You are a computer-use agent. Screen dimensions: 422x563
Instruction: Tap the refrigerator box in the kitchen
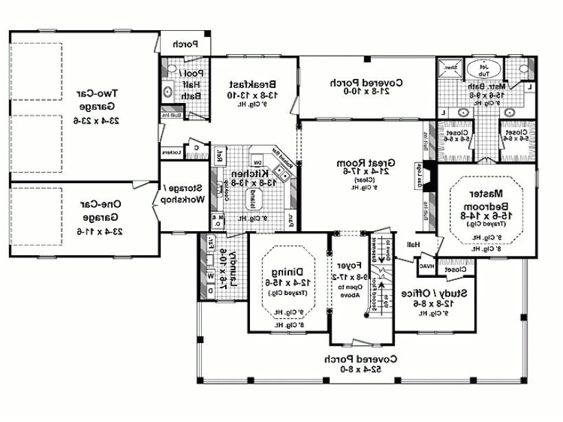tap(220, 156)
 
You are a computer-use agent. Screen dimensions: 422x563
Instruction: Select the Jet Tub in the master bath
tap(483, 69)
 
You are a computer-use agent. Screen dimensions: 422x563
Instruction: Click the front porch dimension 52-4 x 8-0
tap(354, 368)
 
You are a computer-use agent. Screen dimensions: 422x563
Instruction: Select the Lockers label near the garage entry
tap(171, 152)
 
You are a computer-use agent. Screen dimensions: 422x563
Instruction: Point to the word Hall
tap(413, 244)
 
